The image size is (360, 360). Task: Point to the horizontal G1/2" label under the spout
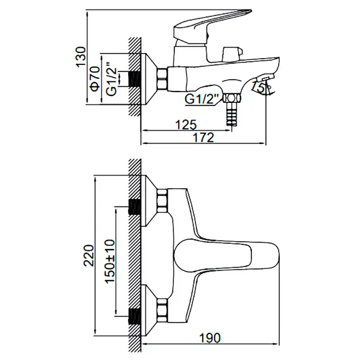(203, 99)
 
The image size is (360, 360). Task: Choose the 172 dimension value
(202, 136)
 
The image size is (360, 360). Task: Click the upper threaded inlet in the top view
(135, 205)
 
